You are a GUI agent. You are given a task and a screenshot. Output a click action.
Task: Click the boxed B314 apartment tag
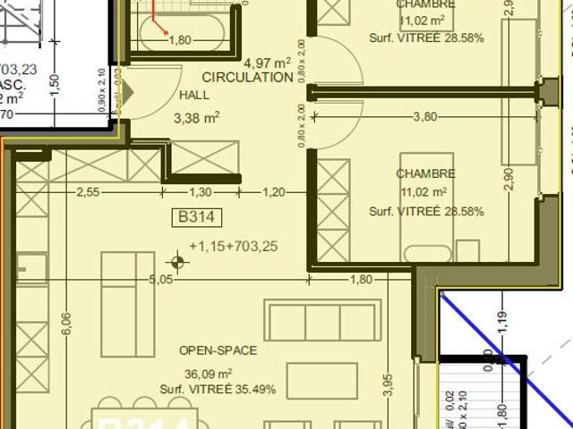click(195, 216)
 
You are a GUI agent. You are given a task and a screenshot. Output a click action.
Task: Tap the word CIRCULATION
click(247, 78)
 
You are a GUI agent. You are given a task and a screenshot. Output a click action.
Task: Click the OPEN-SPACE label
click(218, 350)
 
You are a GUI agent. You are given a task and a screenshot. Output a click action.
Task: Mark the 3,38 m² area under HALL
click(196, 116)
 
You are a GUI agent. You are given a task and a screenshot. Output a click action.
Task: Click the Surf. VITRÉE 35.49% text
click(218, 390)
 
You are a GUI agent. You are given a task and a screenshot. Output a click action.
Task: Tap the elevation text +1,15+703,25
click(234, 247)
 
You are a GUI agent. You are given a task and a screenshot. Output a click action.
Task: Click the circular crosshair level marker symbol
click(178, 263)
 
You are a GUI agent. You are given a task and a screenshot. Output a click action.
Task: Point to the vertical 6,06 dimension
click(65, 324)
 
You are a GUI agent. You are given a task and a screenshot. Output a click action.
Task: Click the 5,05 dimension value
click(160, 280)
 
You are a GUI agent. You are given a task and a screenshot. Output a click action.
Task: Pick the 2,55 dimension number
click(88, 191)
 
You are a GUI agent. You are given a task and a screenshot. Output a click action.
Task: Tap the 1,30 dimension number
click(201, 191)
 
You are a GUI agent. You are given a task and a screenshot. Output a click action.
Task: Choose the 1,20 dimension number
click(274, 191)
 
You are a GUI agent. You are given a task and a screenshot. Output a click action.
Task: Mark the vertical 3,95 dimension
click(387, 384)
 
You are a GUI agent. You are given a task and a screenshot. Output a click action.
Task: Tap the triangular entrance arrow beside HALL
click(126, 93)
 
